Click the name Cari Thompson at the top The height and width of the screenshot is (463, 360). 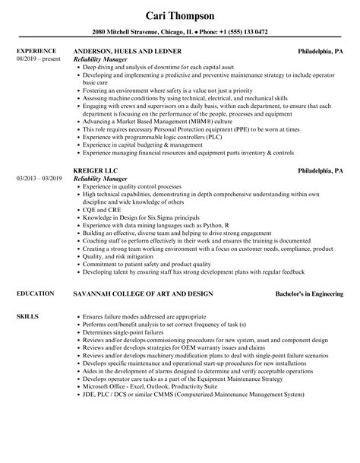[179, 15]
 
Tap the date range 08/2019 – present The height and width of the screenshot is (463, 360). [37, 59]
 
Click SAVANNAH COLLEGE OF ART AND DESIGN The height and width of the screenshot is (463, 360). [142, 293]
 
